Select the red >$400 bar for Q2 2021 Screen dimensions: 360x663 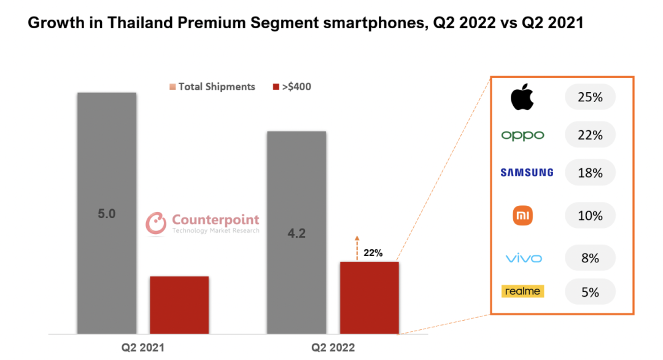pos(179,305)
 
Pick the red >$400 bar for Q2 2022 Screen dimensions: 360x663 pos(369,297)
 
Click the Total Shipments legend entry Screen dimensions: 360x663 pos(212,87)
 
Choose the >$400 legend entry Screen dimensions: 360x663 pos(292,87)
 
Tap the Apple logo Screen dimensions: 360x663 pos(522,97)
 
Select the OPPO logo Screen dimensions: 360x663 pos(522,135)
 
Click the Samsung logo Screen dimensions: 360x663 pos(526,173)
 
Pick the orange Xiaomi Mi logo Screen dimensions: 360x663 pos(522,215)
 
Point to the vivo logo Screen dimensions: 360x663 pos(524,258)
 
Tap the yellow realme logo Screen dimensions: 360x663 pos(522,291)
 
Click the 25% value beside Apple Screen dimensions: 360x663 pos(590,97)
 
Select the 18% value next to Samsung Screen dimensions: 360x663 pos(590,173)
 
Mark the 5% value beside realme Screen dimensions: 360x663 pos(590,292)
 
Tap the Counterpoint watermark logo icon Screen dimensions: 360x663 pos(156,223)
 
